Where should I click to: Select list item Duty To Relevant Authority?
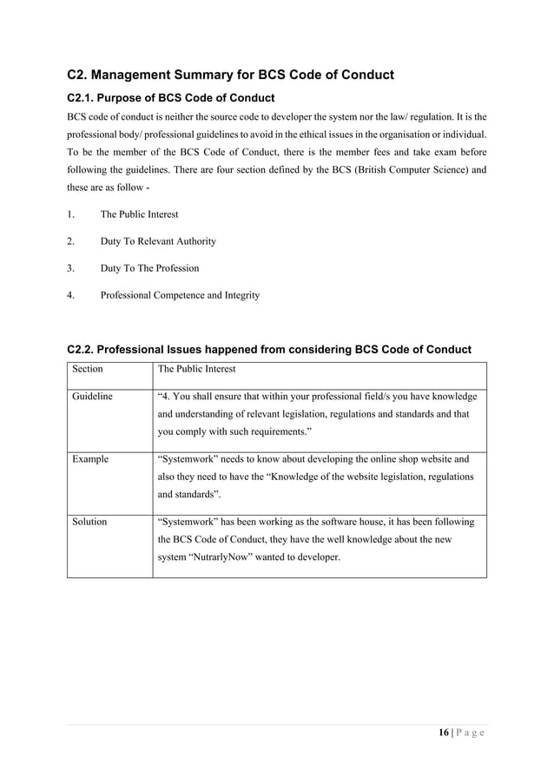158,241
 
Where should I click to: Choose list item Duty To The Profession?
149,268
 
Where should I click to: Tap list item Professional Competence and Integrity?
180,295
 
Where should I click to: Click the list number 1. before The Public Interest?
71,214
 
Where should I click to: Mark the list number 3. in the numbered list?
71,268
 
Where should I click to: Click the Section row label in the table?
88,369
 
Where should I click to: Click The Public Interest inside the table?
196,369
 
